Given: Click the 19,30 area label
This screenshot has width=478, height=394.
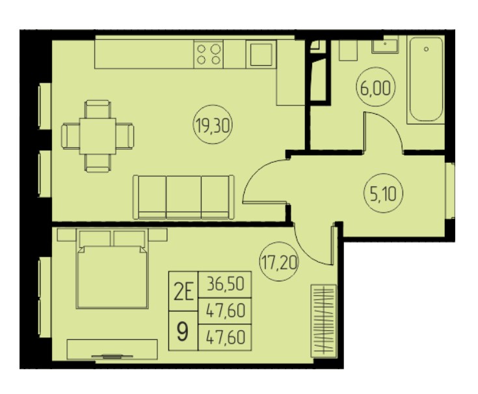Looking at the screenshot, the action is (213, 125).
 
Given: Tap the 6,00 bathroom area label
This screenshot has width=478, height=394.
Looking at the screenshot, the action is (376, 87).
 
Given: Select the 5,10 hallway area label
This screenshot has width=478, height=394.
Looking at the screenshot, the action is (384, 193).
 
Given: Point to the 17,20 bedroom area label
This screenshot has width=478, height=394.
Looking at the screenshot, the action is (279, 262).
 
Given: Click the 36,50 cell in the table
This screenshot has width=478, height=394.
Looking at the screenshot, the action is (225, 285).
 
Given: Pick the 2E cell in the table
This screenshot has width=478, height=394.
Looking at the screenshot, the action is (183, 291).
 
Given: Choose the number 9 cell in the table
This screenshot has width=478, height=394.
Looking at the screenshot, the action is (183, 331).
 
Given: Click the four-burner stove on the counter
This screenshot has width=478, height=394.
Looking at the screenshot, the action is (209, 54).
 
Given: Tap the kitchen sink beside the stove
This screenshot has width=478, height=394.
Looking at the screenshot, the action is (261, 54).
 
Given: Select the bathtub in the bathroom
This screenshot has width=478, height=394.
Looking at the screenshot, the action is (426, 79).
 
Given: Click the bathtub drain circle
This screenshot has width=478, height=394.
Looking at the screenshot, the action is (426, 49).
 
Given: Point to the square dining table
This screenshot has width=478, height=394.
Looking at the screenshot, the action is (98, 136).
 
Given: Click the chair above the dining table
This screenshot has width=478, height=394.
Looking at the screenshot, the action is (98, 109).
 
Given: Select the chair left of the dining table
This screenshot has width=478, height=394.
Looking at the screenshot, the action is (71, 136).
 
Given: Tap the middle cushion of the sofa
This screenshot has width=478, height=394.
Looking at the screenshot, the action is (183, 197).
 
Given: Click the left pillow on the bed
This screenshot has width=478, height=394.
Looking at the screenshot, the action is (95, 238).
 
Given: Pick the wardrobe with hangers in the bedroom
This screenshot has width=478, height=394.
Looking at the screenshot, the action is (323, 321).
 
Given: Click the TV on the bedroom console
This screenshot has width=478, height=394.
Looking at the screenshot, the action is (112, 356).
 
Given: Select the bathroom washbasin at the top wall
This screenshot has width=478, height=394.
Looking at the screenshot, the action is (385, 44).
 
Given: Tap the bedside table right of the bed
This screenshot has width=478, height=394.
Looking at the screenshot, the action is (158, 234).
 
